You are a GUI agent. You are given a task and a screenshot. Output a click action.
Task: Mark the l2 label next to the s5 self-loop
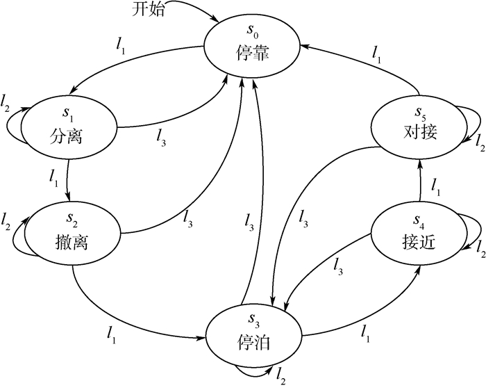tap(478, 142)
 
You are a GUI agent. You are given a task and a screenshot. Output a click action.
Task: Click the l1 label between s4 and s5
tap(436, 186)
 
